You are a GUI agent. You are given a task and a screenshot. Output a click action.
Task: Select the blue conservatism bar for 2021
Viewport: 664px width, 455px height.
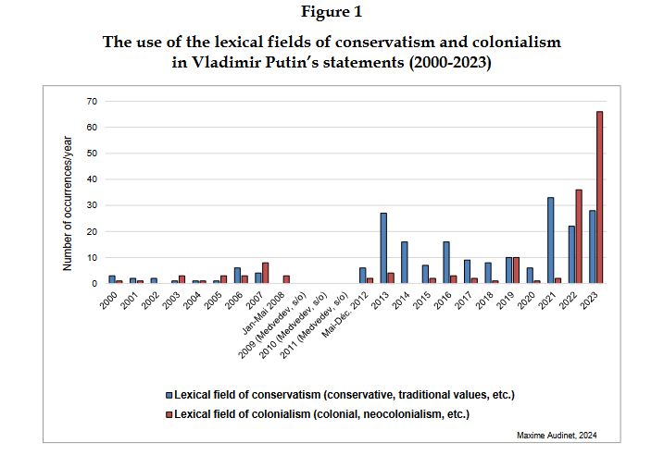click(550, 240)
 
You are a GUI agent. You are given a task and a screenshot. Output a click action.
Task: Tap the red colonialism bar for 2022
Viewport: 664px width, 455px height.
click(579, 236)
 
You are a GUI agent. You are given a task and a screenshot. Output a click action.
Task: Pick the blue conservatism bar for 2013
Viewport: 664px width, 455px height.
click(383, 248)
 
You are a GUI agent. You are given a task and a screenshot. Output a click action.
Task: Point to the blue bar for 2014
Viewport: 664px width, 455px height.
click(404, 262)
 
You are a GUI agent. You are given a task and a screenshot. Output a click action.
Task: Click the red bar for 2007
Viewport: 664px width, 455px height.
click(266, 273)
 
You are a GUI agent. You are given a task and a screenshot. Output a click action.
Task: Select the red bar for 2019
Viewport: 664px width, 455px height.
click(516, 270)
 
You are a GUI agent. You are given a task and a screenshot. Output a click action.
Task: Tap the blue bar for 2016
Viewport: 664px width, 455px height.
click(445, 262)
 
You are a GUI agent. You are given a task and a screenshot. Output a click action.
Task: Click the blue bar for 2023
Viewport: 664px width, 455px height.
click(592, 246)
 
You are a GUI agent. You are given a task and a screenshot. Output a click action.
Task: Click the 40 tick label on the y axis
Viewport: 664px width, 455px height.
click(90, 178)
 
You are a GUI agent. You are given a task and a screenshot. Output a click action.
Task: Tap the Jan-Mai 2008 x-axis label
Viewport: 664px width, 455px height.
click(269, 314)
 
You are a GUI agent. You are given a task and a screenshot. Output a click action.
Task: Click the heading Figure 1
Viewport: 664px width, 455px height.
click(332, 14)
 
